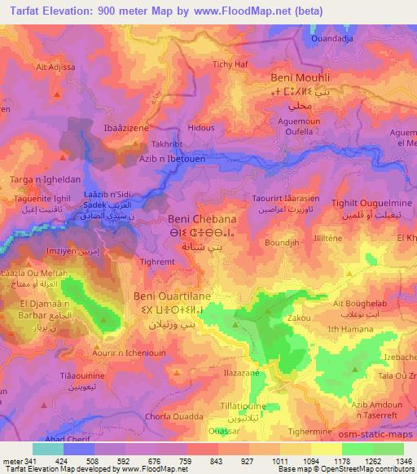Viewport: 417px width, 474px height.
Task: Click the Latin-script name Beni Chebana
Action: click(x=201, y=219)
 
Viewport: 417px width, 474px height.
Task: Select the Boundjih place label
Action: click(x=282, y=243)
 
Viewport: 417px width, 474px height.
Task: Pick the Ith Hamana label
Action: click(x=354, y=327)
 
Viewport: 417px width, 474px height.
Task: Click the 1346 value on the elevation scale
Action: click(x=393, y=461)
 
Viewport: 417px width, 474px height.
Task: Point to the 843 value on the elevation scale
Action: click(x=217, y=461)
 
